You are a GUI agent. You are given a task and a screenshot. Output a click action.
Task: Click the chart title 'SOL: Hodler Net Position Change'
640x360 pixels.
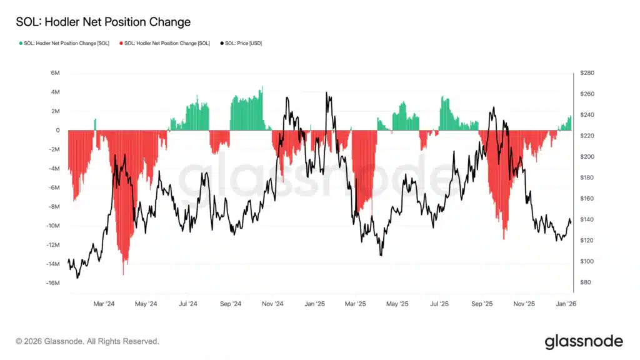pyautogui.click(x=103, y=22)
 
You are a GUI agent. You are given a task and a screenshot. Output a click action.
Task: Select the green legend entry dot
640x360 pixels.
pyautogui.click(x=21, y=43)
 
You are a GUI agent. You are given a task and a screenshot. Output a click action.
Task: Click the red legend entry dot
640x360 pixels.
pyautogui.click(x=121, y=43)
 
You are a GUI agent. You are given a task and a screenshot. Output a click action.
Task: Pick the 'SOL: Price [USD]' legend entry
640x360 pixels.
pyautogui.click(x=244, y=43)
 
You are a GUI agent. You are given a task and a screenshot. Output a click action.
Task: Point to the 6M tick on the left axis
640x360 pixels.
pyautogui.click(x=55, y=73)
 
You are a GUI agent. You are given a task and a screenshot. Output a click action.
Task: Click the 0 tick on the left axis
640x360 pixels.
pyautogui.click(x=57, y=131)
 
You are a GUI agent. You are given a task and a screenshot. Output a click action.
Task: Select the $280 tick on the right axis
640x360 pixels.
pyautogui.click(x=587, y=73)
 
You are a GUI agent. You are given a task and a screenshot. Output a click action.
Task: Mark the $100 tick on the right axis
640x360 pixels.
pyautogui.click(x=587, y=261)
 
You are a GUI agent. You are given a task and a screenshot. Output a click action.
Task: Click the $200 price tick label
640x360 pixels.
pyautogui.click(x=587, y=157)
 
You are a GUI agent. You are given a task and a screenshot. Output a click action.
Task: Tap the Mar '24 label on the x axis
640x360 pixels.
pyautogui.click(x=104, y=304)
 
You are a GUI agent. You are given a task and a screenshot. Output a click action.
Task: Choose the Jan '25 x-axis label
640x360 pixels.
pyautogui.click(x=314, y=304)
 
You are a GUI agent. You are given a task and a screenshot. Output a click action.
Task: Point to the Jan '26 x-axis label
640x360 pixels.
pyautogui.click(x=566, y=304)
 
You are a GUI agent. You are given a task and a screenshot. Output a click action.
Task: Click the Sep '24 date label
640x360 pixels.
pyautogui.click(x=231, y=304)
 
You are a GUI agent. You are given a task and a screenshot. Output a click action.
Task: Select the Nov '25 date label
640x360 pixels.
pyautogui.click(x=524, y=304)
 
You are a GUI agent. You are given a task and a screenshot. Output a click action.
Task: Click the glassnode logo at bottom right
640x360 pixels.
pyautogui.click(x=584, y=341)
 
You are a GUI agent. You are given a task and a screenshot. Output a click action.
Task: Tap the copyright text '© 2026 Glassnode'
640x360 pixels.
pyautogui.click(x=87, y=341)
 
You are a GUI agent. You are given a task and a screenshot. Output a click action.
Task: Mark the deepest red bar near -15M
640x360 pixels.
pyautogui.click(x=123, y=274)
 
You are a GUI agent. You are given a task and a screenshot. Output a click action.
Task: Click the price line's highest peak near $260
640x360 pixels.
pyautogui.click(x=327, y=93)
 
